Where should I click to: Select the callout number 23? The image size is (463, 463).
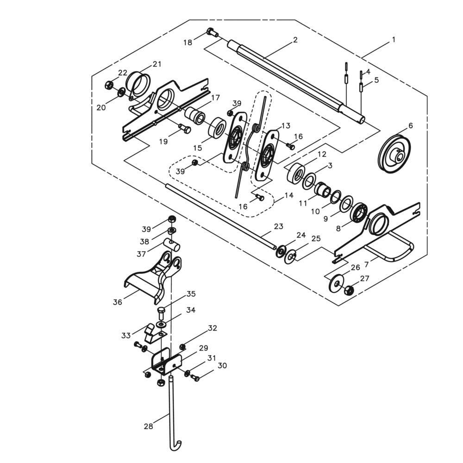(278, 226)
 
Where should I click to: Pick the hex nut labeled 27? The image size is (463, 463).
(349, 290)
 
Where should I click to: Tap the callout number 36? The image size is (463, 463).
(118, 302)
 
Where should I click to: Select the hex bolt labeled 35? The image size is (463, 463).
(161, 313)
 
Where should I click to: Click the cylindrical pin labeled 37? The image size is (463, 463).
(172, 245)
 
